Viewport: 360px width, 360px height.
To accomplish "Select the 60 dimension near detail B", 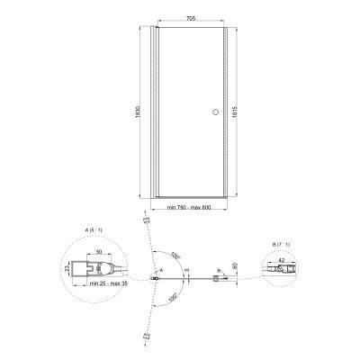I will click(x=234, y=265).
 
